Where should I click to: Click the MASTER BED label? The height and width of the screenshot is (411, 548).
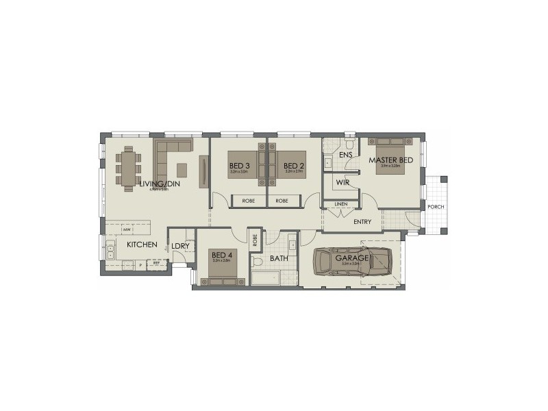(391, 160)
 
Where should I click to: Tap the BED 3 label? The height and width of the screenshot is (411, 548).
(238, 165)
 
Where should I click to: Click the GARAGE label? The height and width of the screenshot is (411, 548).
(352, 258)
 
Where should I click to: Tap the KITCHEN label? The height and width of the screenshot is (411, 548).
(142, 245)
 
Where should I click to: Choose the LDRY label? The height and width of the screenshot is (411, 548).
(180, 245)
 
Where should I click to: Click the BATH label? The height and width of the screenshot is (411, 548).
(279, 258)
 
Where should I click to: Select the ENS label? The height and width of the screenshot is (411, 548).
(346, 155)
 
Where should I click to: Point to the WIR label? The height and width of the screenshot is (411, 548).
(343, 183)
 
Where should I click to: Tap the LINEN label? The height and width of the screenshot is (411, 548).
(340, 204)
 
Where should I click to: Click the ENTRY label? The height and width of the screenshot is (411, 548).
(362, 222)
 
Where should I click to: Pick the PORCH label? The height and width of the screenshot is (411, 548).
(435, 207)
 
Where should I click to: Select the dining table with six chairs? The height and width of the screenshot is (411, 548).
(129, 166)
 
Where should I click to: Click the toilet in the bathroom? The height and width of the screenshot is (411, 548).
(258, 262)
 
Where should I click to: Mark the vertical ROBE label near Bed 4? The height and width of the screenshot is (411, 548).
(255, 240)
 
